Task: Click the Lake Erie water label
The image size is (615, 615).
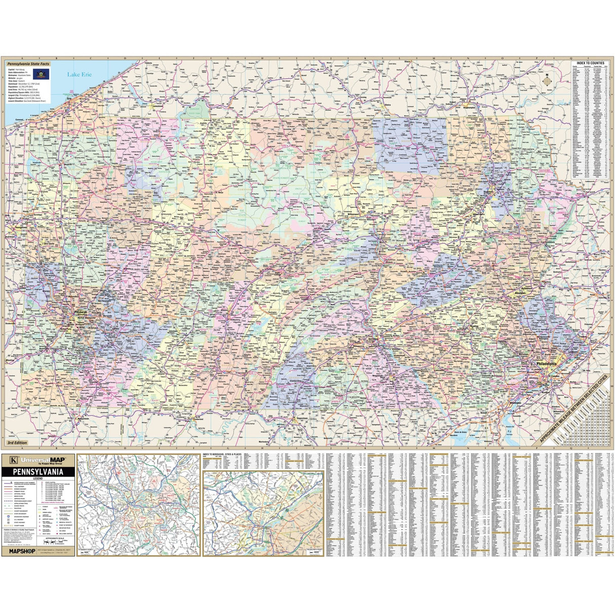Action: (80, 74)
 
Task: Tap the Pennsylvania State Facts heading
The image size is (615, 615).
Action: (28, 64)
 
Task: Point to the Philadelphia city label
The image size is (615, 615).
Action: (543, 364)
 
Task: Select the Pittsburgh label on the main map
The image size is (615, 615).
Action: (82, 312)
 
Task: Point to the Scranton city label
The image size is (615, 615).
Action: (489, 193)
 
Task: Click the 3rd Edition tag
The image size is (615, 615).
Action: (17, 442)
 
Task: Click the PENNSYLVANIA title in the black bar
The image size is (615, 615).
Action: (39, 471)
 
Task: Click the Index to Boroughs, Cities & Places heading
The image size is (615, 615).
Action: (222, 455)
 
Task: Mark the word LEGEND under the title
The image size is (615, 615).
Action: (39, 478)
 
